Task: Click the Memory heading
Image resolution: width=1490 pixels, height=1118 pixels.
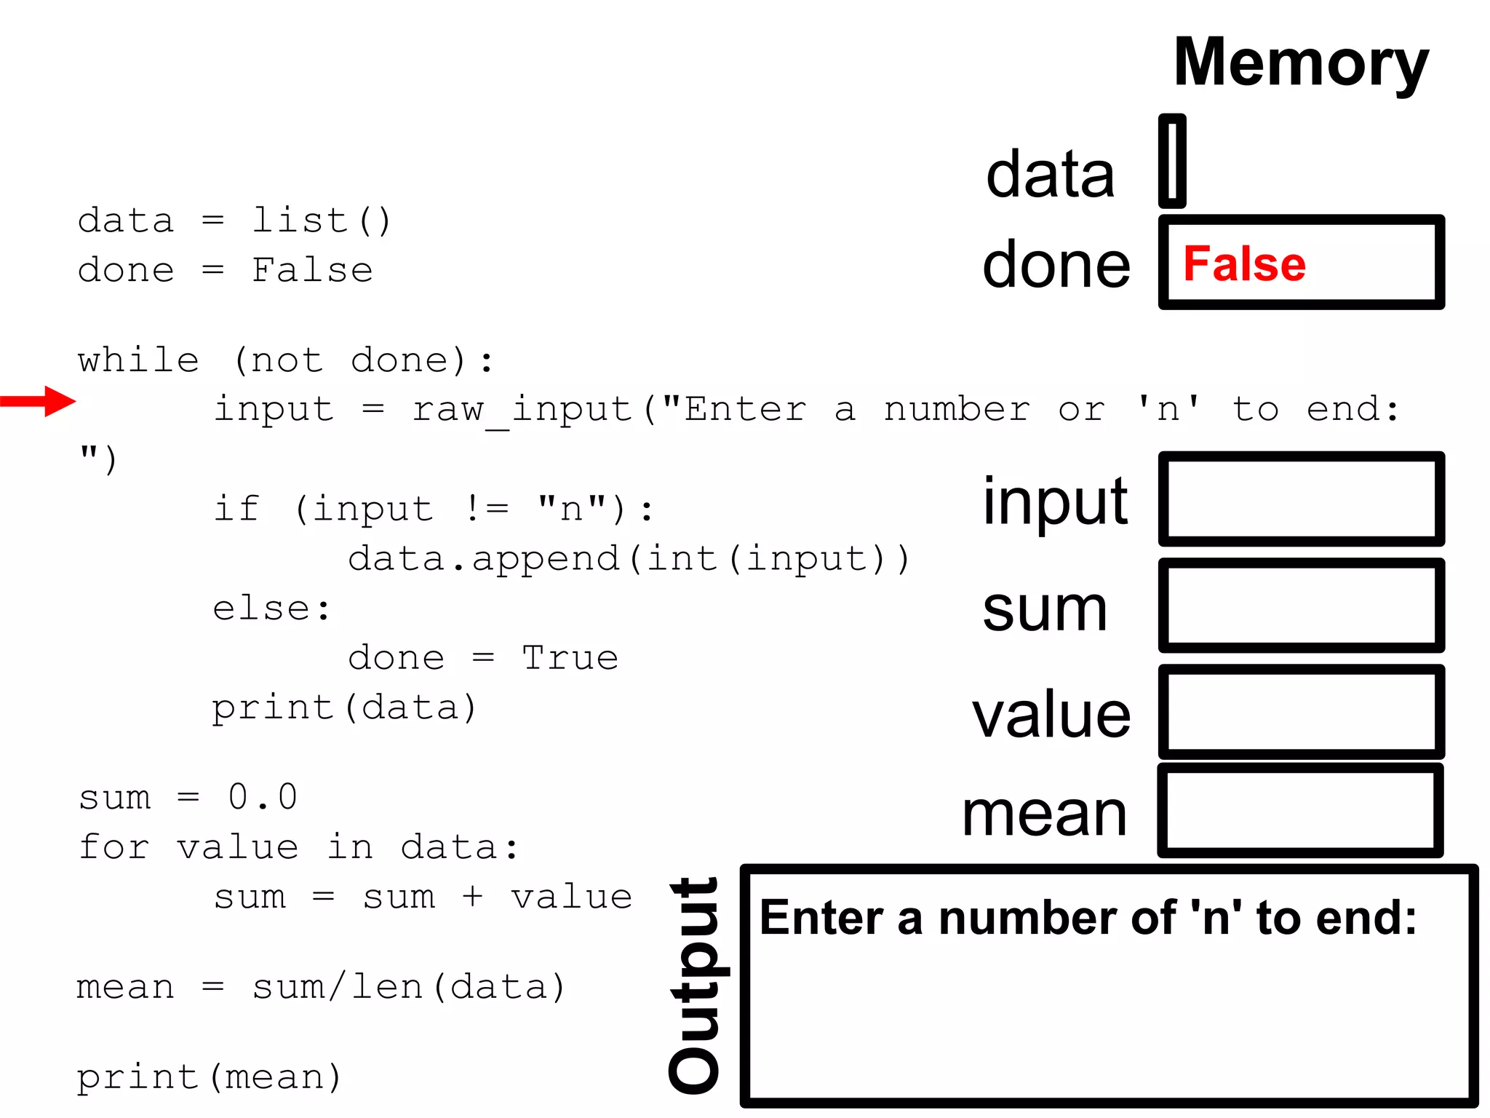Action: (1300, 64)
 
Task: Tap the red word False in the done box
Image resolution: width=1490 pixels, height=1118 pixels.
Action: (1244, 263)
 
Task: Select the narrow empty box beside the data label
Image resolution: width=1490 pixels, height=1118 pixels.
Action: (1172, 162)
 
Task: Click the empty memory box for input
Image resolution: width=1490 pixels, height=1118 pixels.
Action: (1301, 499)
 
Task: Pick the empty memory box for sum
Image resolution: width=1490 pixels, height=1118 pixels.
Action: (1301, 606)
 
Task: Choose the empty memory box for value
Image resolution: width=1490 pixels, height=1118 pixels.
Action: (1301, 712)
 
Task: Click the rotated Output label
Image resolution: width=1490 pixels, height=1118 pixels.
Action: (695, 986)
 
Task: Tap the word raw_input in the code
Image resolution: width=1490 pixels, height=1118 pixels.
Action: (522, 410)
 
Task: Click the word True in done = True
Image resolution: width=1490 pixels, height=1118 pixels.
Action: (570, 658)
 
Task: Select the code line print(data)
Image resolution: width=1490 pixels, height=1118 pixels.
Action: (344, 707)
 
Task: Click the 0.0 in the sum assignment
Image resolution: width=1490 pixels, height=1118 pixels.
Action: (263, 797)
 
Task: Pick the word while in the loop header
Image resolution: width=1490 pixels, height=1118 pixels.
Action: (138, 360)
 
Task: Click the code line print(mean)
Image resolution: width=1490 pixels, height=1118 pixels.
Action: (210, 1077)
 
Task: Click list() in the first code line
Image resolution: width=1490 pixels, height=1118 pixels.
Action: (322, 221)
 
